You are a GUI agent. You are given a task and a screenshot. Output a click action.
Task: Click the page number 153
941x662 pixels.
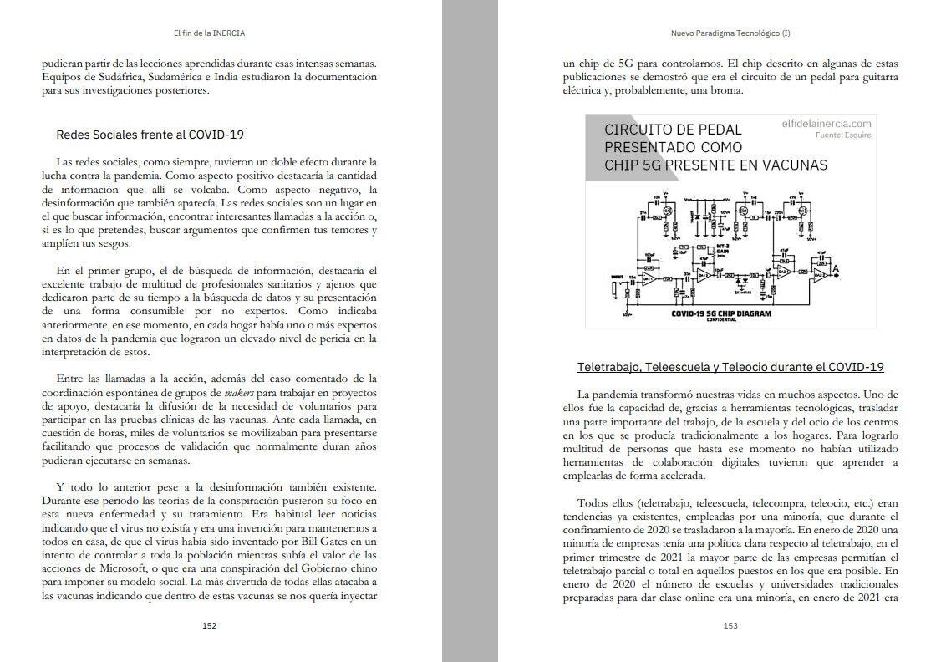coord(730,625)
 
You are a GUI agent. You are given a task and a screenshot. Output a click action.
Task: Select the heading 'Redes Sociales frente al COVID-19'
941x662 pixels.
coord(150,135)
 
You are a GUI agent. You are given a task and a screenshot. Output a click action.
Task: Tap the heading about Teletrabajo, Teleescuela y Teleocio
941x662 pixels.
coord(730,367)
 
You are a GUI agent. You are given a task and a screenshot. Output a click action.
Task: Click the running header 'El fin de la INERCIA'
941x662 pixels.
coord(209,33)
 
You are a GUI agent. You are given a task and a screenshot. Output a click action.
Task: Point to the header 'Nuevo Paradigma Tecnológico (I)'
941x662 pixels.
coord(730,33)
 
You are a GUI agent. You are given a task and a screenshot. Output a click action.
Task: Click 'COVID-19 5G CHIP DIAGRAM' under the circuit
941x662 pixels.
coord(721,313)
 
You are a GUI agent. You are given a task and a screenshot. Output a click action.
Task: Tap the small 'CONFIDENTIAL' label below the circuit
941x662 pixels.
coord(720,320)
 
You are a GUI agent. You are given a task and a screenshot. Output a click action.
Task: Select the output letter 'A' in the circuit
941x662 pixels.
coord(835,270)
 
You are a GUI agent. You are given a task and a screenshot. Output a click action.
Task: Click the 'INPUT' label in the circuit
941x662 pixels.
coord(617,276)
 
